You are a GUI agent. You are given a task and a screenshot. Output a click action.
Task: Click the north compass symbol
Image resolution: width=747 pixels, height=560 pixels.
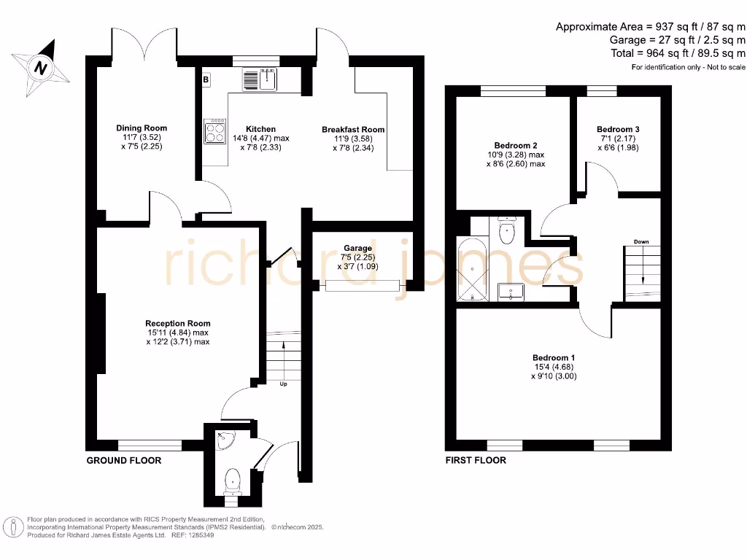tap(41, 69)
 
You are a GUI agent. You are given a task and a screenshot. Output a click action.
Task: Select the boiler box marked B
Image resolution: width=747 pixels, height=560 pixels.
tap(206, 79)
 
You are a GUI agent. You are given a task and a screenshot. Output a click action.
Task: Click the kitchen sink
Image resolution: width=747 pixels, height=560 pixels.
tap(259, 79)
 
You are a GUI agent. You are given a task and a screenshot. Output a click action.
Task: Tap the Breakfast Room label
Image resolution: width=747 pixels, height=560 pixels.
tap(353, 130)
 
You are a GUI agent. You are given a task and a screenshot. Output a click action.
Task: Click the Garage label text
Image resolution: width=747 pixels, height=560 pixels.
tap(357, 249)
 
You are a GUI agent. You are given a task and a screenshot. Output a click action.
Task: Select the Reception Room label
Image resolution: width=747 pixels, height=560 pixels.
tap(177, 324)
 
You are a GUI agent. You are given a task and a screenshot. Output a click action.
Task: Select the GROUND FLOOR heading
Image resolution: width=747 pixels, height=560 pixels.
tap(124, 461)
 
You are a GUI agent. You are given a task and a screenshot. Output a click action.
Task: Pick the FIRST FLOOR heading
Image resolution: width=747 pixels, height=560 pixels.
tap(476, 461)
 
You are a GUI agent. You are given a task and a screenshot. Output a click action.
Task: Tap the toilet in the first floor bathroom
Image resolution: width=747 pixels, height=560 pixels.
tap(507, 230)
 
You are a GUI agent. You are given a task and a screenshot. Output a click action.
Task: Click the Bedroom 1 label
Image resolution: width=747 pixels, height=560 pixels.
tap(554, 357)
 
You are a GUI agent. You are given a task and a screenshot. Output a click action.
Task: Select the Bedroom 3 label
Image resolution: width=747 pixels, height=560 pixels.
tap(618, 129)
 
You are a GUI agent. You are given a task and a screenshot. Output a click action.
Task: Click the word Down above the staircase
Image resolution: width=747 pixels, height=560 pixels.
tap(641, 241)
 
